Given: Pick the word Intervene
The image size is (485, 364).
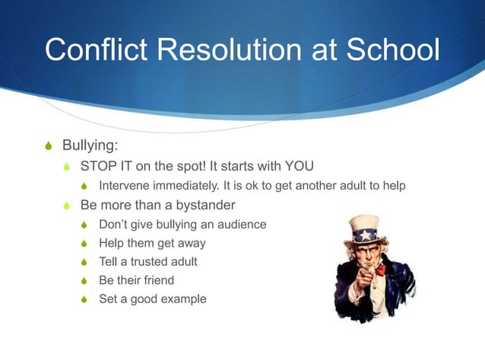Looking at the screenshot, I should (125, 186).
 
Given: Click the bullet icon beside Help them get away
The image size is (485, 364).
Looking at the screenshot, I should (85, 244).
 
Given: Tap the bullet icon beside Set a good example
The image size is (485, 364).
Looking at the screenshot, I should (85, 299).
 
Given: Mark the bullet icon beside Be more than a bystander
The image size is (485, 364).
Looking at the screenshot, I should (67, 206).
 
